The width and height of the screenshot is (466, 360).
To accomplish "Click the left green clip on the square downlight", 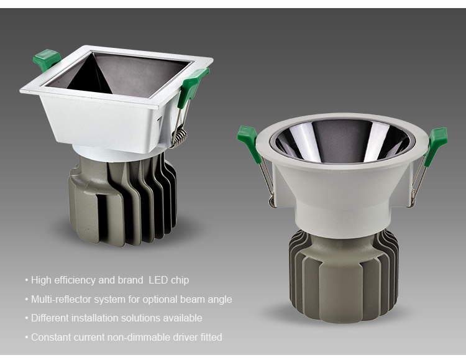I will pos(47,60).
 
